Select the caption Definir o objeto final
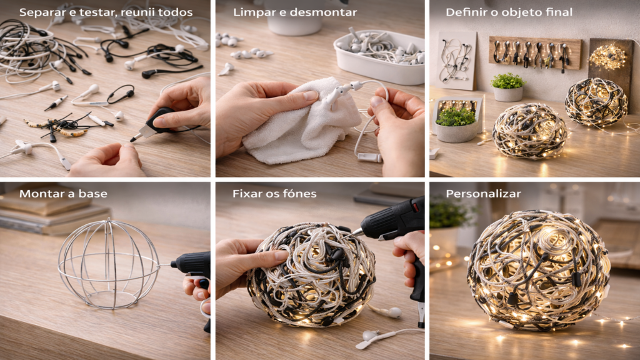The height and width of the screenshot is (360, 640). point(509,12)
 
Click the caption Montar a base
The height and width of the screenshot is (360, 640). point(63,194)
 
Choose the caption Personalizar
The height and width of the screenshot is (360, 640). point(483,194)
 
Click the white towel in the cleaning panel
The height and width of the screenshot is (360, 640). point(298,122)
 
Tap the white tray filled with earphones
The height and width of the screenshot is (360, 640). point(379,57)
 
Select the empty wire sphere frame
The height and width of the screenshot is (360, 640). point(109,264)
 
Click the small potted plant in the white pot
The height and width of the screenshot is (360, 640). point(507,87)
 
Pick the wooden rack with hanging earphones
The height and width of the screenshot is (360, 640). point(535,53)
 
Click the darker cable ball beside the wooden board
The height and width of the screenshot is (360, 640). point(596,102)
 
